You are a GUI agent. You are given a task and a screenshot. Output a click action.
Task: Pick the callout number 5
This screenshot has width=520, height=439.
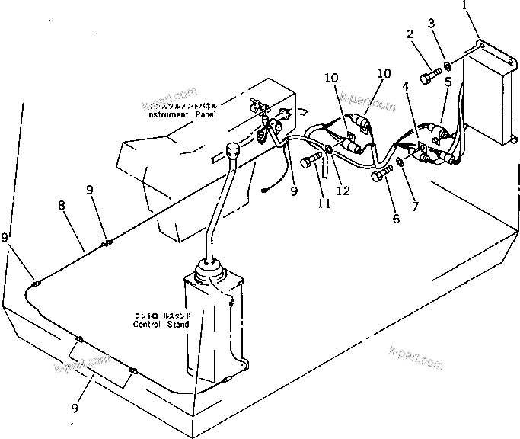click(448, 82)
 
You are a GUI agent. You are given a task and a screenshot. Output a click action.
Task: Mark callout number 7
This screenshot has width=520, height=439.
click(416, 204)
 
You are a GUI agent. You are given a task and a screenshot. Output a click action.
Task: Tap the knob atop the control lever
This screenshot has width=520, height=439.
click(232, 151)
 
